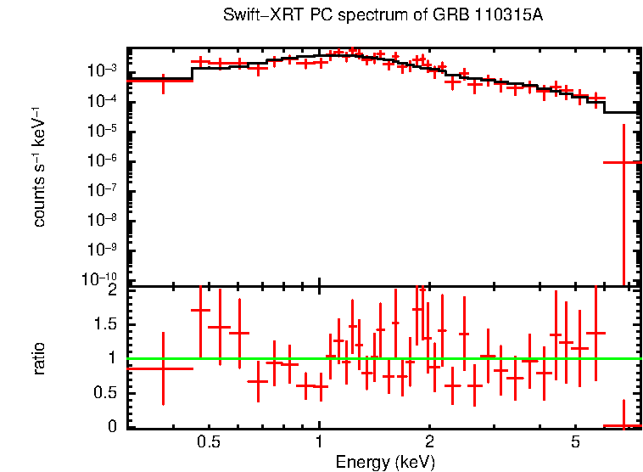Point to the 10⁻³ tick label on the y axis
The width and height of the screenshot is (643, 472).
pyautogui.click(x=102, y=70)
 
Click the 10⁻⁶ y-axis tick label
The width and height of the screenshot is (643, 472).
pyautogui.click(x=102, y=160)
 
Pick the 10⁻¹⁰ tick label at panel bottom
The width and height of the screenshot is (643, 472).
pyautogui.click(x=99, y=278)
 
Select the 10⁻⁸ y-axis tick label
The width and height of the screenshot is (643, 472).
pyautogui.click(x=102, y=219)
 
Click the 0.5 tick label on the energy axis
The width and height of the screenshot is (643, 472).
pyautogui.click(x=209, y=442)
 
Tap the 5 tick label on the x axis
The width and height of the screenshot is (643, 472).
pyautogui.click(x=575, y=442)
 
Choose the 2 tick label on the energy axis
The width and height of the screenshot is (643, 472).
pyautogui.click(x=429, y=442)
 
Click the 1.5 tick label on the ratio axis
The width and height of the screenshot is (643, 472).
pyautogui.click(x=105, y=324)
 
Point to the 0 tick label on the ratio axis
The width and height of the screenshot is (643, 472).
pyautogui.click(x=112, y=426)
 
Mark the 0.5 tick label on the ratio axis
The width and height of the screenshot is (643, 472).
pyautogui.click(x=105, y=392)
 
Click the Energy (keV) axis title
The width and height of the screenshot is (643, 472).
pyautogui.click(x=385, y=462)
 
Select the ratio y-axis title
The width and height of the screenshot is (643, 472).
pyautogui.click(x=39, y=358)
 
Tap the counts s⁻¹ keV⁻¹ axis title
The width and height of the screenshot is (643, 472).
pyautogui.click(x=38, y=166)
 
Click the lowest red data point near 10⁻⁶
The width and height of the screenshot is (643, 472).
pyautogui.click(x=623, y=162)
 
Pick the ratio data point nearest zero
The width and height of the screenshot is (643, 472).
pyautogui.click(x=623, y=426)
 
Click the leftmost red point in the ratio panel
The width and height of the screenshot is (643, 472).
pyautogui.click(x=163, y=368)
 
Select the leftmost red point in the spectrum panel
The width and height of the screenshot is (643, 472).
pyautogui.click(x=163, y=81)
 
